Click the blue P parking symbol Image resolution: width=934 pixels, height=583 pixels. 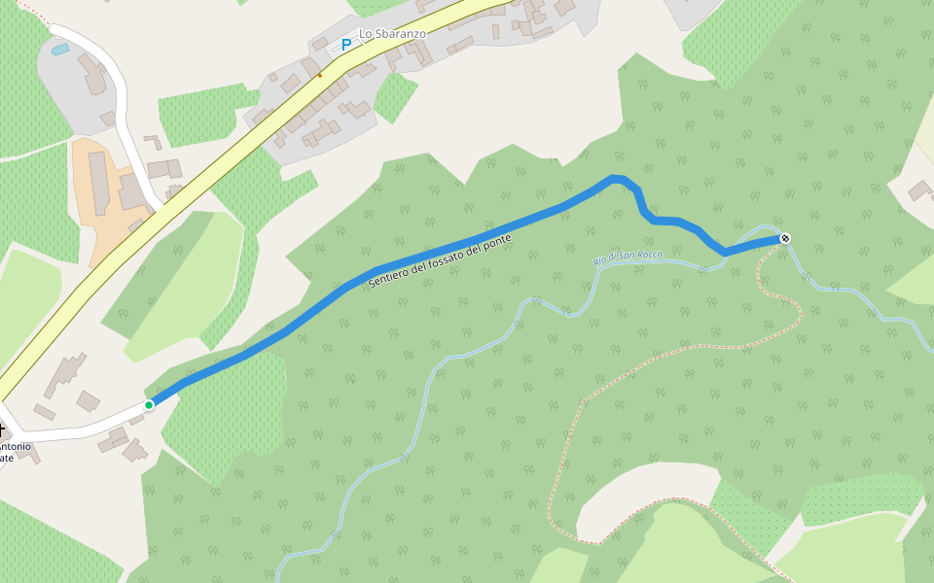coord(345,44)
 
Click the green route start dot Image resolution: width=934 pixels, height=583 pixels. coord(149,405)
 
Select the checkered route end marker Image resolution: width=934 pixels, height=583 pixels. coord(785,238)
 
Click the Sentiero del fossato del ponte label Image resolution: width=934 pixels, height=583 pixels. coord(441,260)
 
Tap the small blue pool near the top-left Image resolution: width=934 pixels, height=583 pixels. coord(60,49)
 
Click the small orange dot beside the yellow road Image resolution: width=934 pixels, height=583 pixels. coord(319,74)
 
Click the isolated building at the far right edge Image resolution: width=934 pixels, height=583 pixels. coord(919,190)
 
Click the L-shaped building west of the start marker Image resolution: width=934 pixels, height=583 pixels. coord(66,374)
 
